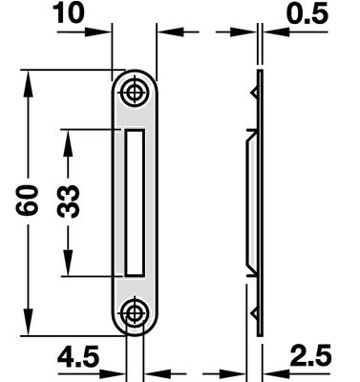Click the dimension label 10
[x=69, y=12]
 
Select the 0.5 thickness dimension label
[x=307, y=13]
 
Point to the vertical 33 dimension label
[x=68, y=202]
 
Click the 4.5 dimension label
[x=78, y=356]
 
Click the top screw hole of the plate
[x=135, y=93]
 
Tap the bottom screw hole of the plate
[x=135, y=314]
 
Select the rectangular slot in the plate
[x=135, y=202]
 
